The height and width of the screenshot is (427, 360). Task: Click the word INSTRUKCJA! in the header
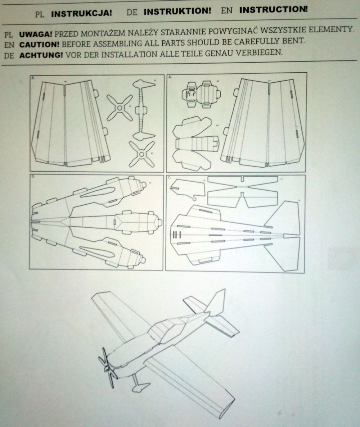(x=82, y=14)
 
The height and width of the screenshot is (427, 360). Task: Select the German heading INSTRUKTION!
(x=177, y=12)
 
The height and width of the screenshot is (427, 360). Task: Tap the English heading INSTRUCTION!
(x=273, y=10)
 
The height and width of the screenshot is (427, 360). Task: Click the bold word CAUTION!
(x=39, y=45)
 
